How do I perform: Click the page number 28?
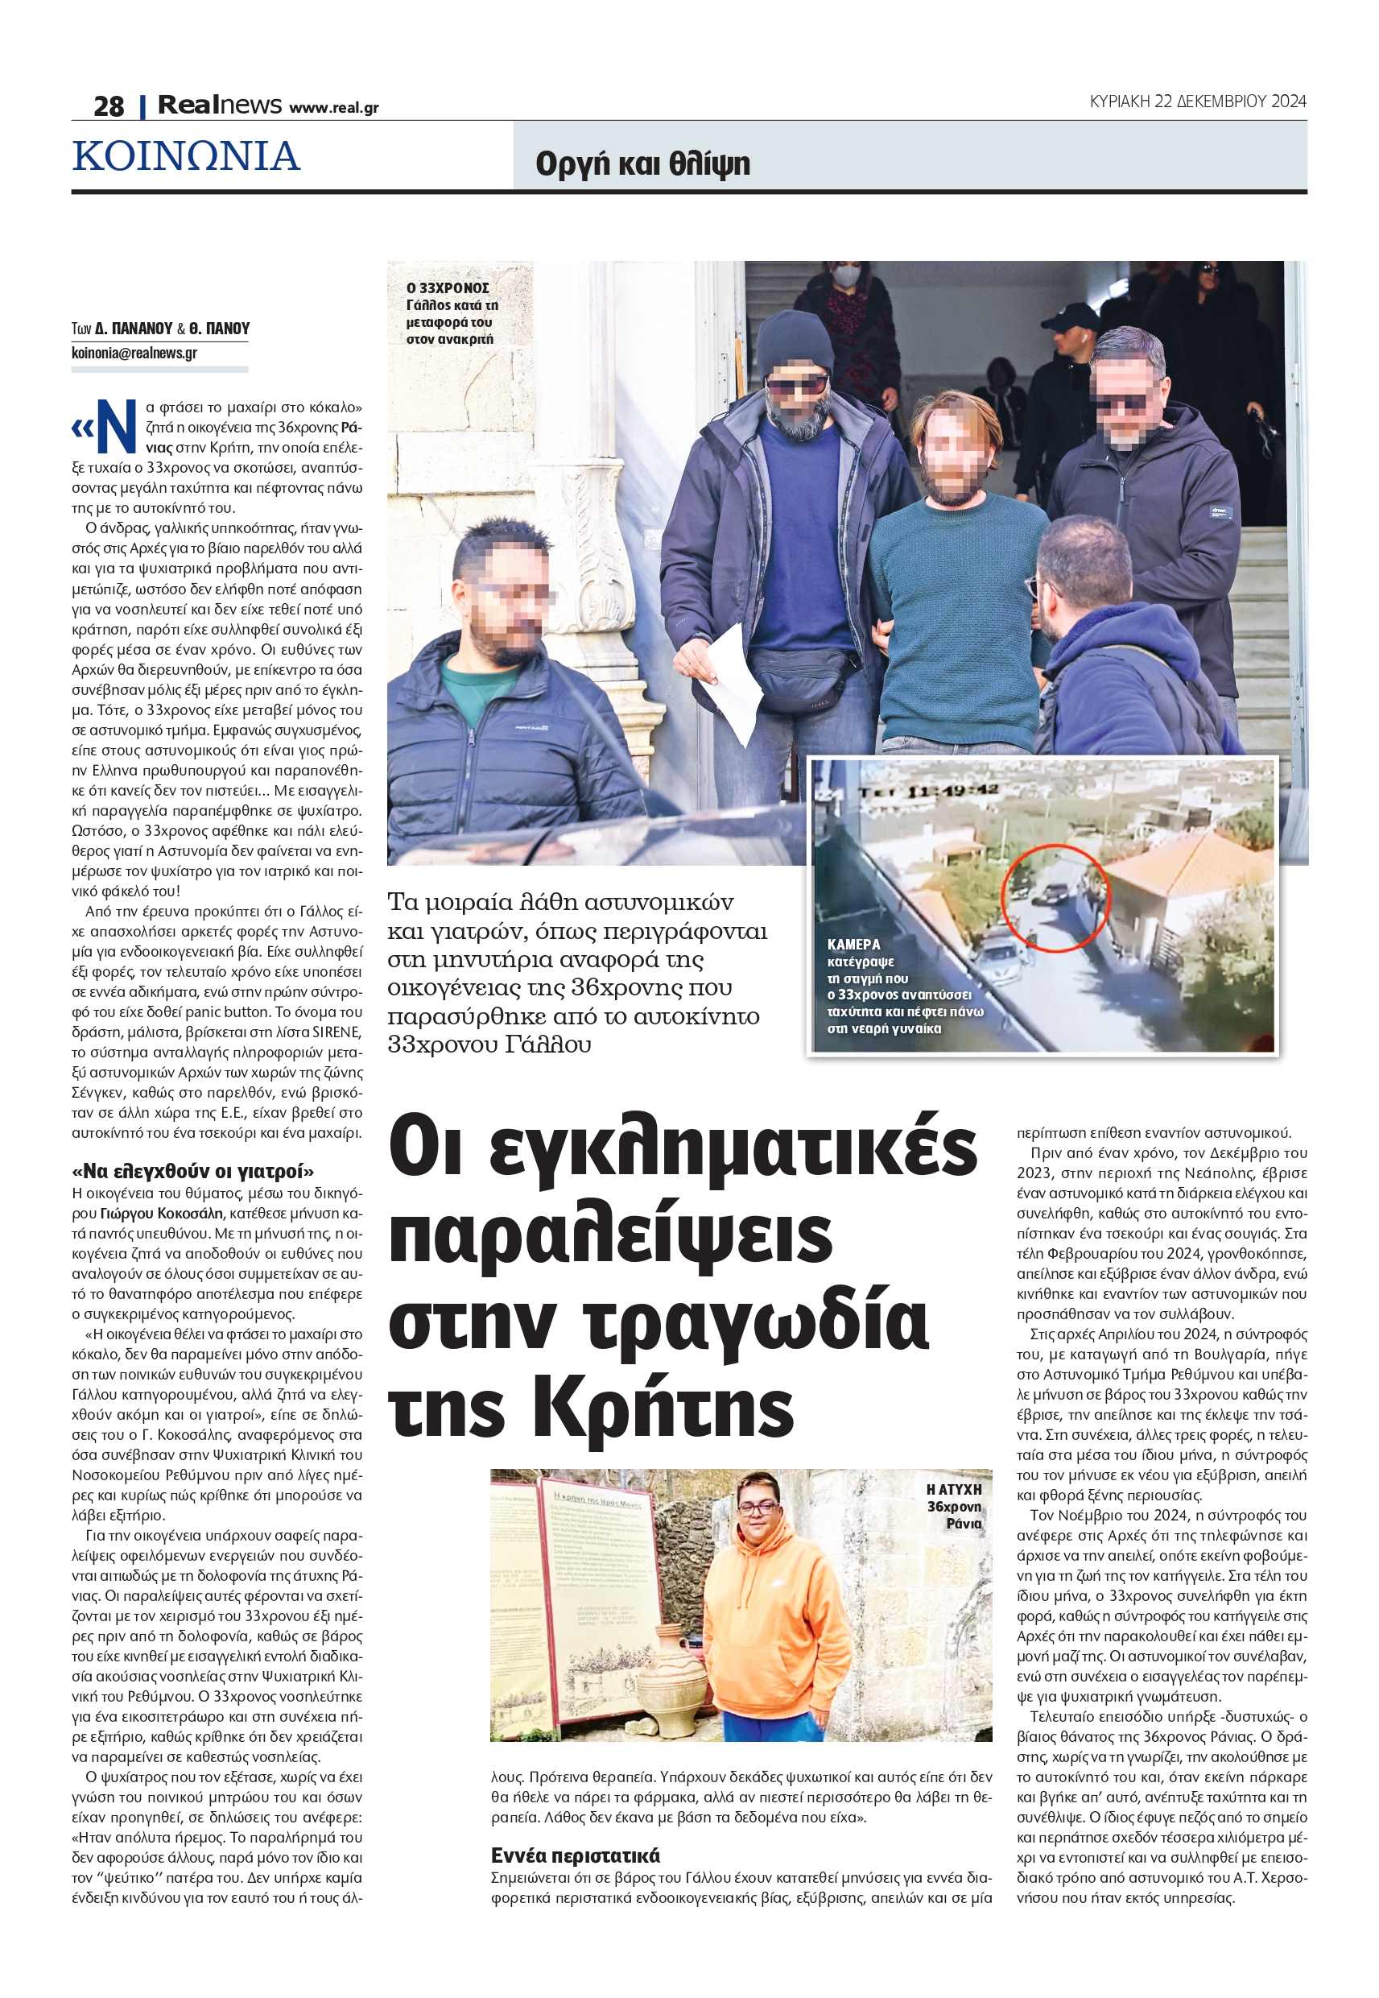coord(109,106)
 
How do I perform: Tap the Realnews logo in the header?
coord(220,105)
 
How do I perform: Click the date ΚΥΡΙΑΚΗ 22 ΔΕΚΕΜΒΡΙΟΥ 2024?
coord(1198,101)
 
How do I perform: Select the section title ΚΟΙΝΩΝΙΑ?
coord(187,156)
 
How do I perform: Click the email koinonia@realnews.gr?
coord(134,353)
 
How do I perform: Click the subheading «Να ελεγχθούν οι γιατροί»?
coord(192,1171)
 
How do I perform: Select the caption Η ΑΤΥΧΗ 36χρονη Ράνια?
coord(954,1506)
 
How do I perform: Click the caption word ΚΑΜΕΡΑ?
coord(853,944)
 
